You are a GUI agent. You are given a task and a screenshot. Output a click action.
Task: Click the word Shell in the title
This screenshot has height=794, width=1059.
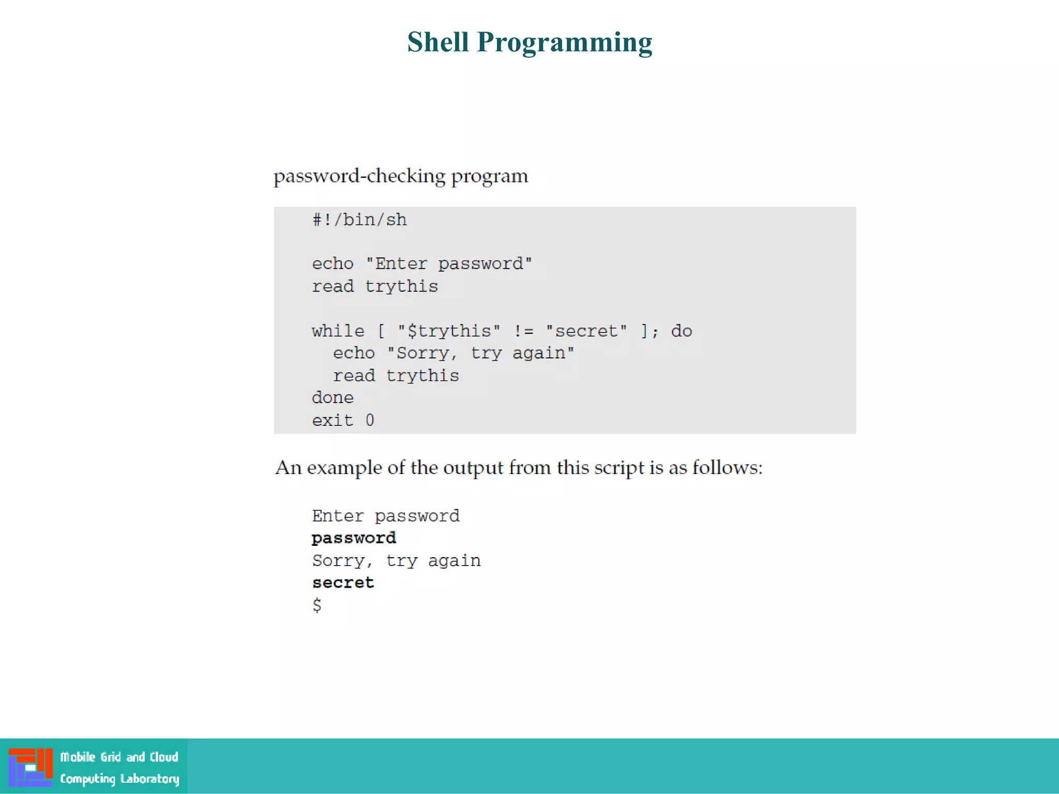coord(437,42)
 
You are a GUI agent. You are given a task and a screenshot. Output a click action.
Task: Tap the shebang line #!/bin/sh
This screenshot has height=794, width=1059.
coord(359,220)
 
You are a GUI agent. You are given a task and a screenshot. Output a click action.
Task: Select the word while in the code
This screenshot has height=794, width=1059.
coord(338,331)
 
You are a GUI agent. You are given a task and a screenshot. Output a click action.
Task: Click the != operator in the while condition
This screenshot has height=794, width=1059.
coord(523,331)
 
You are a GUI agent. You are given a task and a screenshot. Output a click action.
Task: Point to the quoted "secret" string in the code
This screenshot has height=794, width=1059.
coord(586,331)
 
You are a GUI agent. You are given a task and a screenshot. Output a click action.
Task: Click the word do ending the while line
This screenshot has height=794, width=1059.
coord(682,331)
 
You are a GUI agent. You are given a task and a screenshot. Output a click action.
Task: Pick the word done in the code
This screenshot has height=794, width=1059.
coord(332,398)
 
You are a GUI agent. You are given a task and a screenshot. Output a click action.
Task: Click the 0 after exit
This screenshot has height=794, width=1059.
coord(370,420)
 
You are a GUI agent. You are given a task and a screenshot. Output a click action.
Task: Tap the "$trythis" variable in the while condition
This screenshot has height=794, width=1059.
coord(449,331)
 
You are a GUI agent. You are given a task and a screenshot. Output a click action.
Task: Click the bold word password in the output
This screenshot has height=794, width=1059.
coord(354,538)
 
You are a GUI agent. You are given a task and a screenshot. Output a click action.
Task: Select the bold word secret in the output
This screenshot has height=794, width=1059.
coord(343,583)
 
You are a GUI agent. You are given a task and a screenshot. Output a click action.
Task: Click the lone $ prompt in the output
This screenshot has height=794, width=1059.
coord(317,605)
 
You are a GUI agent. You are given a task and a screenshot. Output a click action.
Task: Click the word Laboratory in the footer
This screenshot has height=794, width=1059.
coord(149,778)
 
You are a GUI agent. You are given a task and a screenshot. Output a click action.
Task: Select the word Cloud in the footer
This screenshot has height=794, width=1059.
coord(164,757)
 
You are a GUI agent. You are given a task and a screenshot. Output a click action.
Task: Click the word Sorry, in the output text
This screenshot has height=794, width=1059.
coord(342,561)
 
